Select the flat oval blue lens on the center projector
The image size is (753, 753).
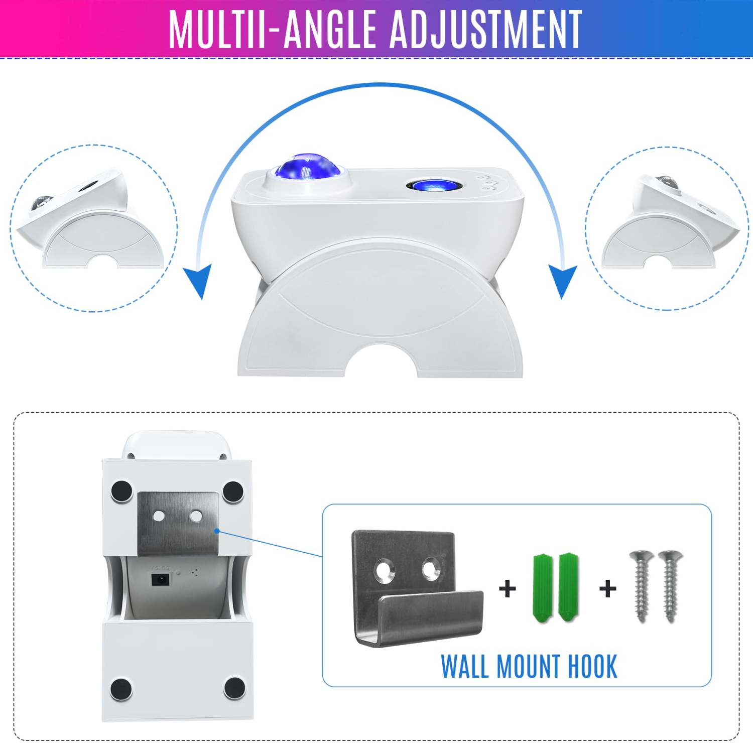coord(435,185)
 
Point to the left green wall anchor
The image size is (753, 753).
coord(543,588)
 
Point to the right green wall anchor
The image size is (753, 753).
coord(569,587)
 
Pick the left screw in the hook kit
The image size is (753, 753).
coord(641,586)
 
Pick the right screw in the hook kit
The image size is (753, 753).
coord(670,586)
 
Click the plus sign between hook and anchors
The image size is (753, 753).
coord(508,589)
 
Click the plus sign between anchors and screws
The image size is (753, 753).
coord(608,589)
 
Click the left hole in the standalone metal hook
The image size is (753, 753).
coord(385,571)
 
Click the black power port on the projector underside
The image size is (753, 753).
coord(161,579)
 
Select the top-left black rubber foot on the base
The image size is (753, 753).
coord(121,491)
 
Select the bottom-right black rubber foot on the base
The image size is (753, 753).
coord(234,688)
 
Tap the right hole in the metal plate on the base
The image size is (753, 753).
coord(196,516)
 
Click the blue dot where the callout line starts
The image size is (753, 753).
coord(217,531)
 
